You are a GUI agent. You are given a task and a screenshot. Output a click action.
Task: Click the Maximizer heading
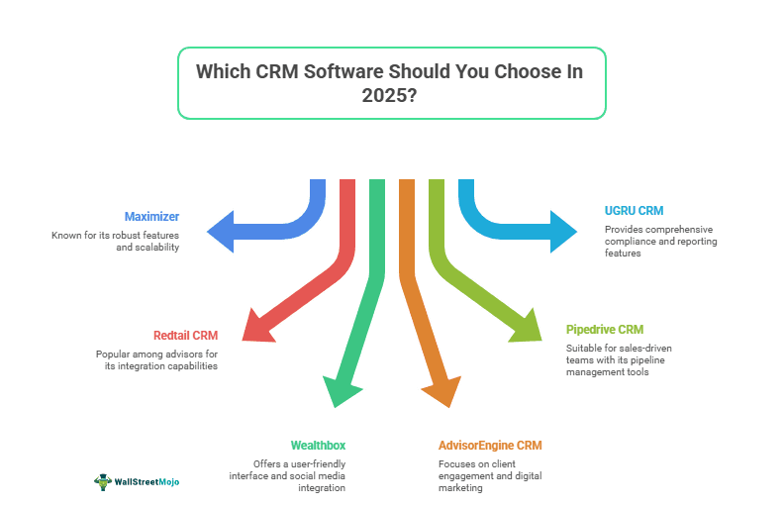pyautogui.click(x=151, y=216)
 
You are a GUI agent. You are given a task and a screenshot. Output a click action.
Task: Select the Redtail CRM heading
pyautogui.click(x=185, y=336)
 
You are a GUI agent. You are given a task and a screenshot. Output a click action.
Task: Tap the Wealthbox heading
pyautogui.click(x=318, y=446)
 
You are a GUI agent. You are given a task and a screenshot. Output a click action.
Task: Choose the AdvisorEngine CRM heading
pyautogui.click(x=490, y=446)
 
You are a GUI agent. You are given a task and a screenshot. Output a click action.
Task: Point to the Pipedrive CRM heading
pyautogui.click(x=604, y=329)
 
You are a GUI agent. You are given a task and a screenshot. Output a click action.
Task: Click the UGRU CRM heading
pyautogui.click(x=634, y=211)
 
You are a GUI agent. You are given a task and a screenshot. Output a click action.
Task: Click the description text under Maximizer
pyautogui.click(x=116, y=242)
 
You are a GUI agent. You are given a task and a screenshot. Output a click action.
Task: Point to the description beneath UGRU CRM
pyautogui.click(x=660, y=241)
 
